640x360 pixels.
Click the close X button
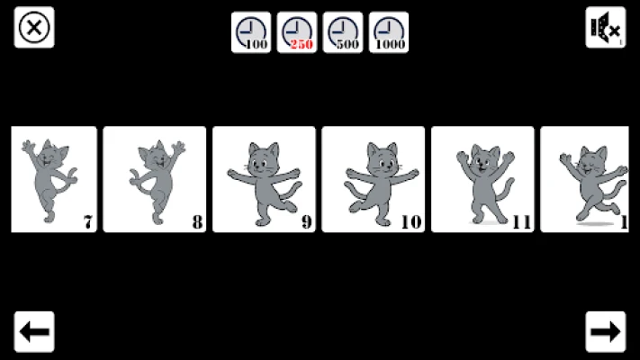[x=34, y=27]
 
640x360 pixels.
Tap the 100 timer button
[x=251, y=32]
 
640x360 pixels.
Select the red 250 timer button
[x=297, y=32]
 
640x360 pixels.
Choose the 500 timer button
[x=343, y=32]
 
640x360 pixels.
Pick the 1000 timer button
[x=389, y=32]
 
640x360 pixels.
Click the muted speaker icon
[x=605, y=27]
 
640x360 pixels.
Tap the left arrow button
[x=34, y=331]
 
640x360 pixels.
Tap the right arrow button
[x=605, y=331]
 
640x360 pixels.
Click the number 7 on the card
[x=88, y=222]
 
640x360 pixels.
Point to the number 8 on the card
[x=197, y=222]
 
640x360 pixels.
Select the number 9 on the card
[x=307, y=222]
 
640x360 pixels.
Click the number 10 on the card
[x=411, y=222]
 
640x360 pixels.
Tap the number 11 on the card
[x=522, y=222]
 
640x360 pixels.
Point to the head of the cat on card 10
[x=383, y=158]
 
